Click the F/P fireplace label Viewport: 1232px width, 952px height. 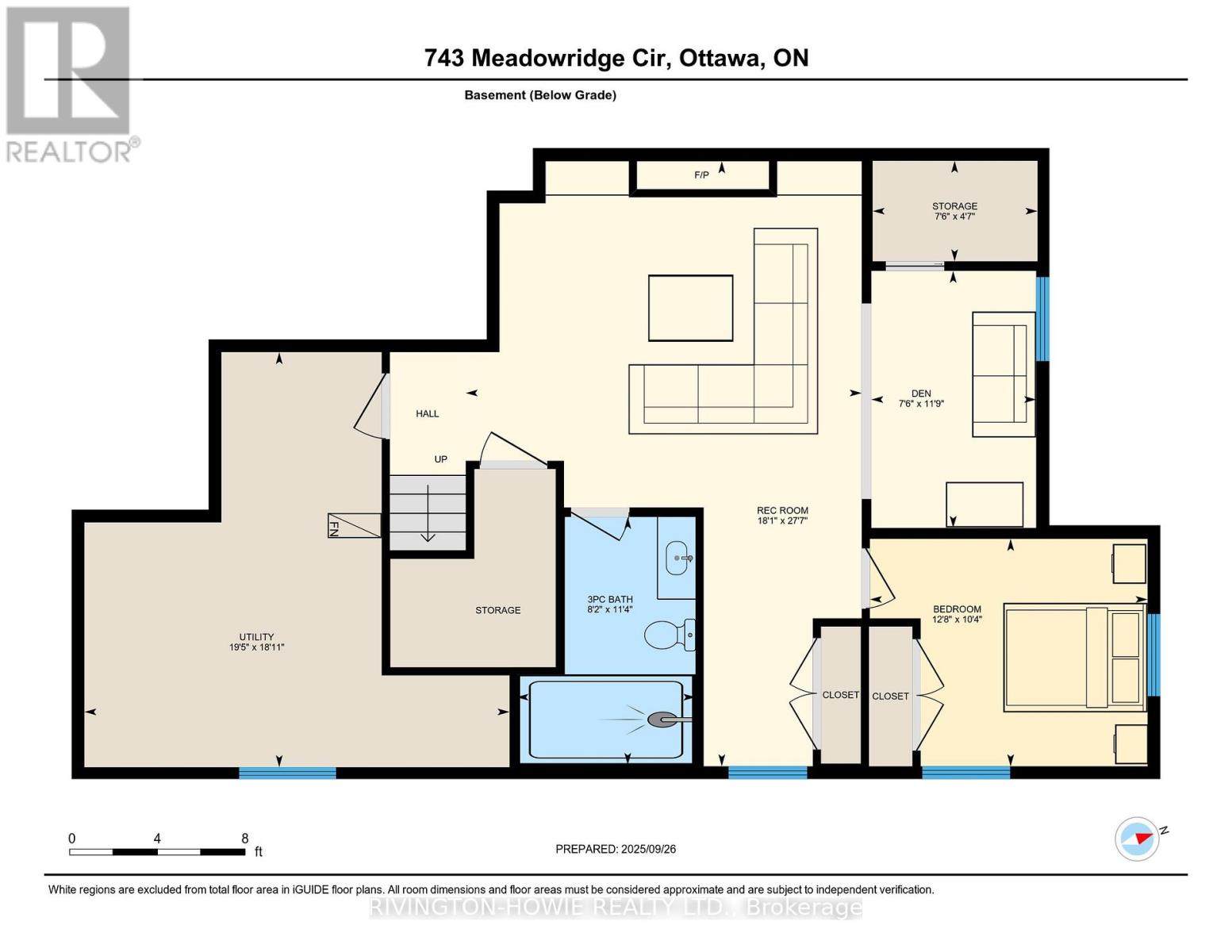coord(701,175)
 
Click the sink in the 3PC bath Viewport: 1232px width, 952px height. coord(677,558)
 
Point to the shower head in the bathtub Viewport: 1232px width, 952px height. coord(661,720)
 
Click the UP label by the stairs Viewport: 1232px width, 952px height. coord(440,459)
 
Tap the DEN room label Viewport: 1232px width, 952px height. coord(920,393)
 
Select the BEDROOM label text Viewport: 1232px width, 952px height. coord(957,609)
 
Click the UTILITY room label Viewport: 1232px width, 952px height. coord(256,637)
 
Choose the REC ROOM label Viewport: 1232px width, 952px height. coord(782,511)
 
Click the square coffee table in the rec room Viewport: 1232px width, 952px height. coord(690,308)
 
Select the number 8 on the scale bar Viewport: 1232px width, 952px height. coord(245,839)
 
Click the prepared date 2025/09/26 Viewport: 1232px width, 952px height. coord(648,849)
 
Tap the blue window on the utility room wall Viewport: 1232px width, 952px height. coord(287,773)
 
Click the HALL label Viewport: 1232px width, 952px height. coord(427,413)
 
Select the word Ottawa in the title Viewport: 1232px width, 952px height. coord(717,58)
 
